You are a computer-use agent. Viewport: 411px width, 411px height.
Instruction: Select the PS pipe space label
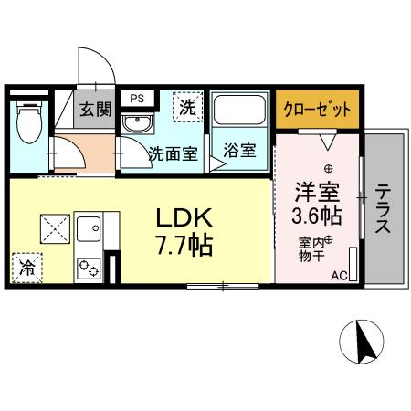137,98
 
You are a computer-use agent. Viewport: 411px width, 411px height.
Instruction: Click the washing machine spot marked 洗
186,107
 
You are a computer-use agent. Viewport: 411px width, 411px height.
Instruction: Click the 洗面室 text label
173,153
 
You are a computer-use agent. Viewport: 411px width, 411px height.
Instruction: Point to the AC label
339,275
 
